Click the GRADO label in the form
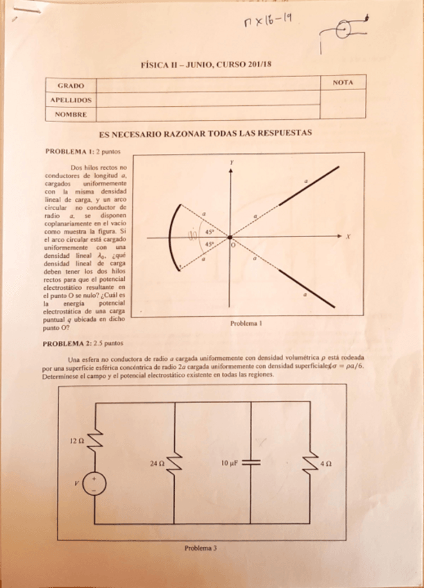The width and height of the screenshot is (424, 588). pos(70,86)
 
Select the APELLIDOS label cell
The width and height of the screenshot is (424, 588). pos(70,100)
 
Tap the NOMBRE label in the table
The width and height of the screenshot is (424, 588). pos(70,113)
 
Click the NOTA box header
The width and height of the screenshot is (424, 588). pos(343,83)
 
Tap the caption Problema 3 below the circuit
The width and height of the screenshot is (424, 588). pos(201,547)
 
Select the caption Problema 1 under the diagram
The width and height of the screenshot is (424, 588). pos(246,323)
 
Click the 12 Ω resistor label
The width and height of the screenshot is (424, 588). pos(76,440)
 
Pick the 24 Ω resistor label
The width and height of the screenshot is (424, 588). pos(157,462)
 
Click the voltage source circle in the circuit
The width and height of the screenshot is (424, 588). pos(94,483)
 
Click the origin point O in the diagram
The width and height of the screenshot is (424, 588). pos(230,238)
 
